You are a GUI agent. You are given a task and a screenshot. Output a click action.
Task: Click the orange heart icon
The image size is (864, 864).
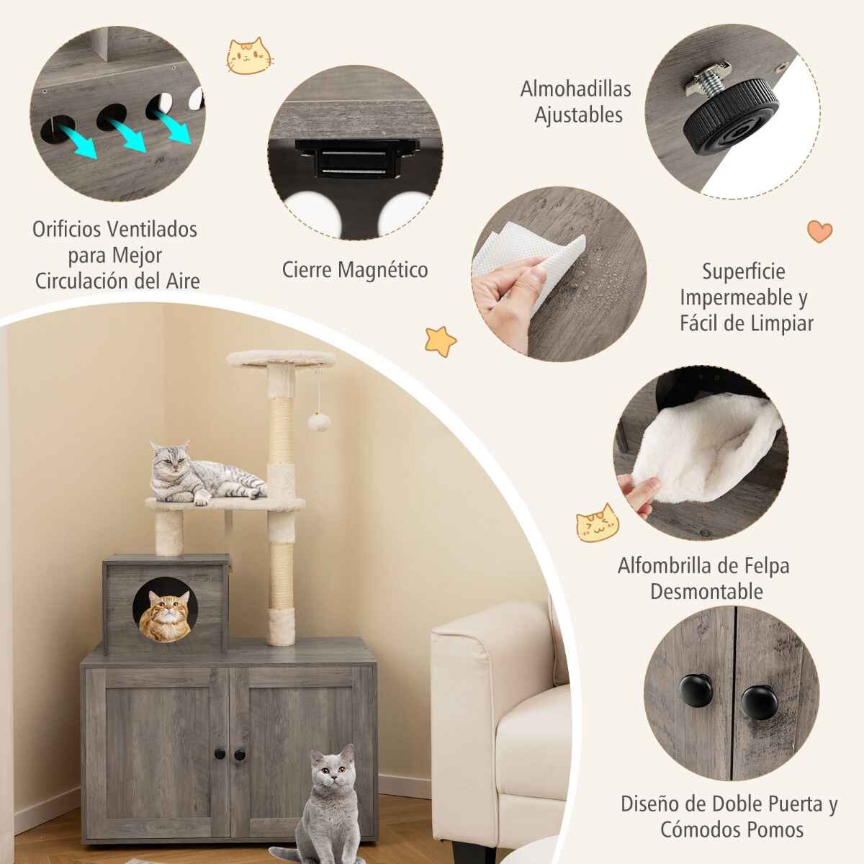[819, 231]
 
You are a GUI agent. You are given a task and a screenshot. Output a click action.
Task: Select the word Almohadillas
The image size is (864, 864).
[576, 89]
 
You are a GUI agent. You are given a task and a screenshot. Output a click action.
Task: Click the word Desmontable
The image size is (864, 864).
[706, 591]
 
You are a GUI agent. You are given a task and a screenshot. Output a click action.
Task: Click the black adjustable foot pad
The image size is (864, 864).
[731, 116]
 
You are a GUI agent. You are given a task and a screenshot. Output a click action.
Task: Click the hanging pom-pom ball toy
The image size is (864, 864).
[319, 422]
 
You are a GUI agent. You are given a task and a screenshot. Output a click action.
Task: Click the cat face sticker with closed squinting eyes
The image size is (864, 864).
[598, 522]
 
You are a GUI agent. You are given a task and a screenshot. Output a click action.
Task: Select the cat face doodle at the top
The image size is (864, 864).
[249, 56]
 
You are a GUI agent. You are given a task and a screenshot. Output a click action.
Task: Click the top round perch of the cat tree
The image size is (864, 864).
[281, 360]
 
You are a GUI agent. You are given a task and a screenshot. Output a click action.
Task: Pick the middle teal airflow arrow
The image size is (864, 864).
[127, 135]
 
